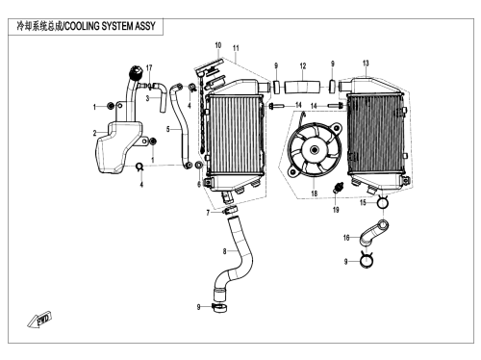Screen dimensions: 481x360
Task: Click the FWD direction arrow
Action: coord(39,320)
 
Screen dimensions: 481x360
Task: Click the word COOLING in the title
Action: coord(82,26)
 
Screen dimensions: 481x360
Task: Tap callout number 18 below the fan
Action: coord(315,193)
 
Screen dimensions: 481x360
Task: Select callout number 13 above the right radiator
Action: coord(366,64)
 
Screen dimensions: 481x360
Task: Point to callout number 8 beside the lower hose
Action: coord(224,251)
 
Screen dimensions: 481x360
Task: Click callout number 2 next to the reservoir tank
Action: coord(94,133)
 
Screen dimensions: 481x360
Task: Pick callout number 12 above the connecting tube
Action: coord(303,66)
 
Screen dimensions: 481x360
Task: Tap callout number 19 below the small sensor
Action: coord(336,210)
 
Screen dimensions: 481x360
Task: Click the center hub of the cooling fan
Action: coord(315,149)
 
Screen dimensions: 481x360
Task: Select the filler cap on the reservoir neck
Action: coord(136,72)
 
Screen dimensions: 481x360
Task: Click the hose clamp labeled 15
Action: coord(382,202)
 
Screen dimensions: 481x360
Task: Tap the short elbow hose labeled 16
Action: coord(374,233)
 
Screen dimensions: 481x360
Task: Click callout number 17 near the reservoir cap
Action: coord(149,67)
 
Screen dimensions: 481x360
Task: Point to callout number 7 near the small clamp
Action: coord(208,213)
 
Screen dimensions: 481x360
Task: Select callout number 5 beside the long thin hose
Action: coord(167,129)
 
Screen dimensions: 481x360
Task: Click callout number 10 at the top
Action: coord(218,45)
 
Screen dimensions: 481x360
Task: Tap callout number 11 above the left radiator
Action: coord(236,48)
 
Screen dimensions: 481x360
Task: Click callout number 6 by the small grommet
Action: coord(199,184)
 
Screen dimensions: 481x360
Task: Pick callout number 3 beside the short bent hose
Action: coord(147,98)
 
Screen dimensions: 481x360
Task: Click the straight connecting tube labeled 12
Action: coord(302,87)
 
